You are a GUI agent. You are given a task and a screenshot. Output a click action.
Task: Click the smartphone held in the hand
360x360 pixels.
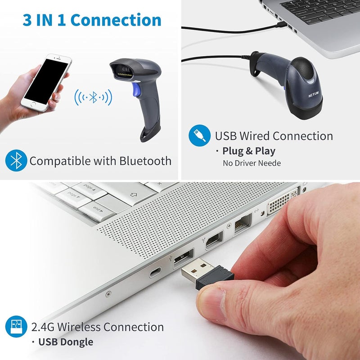coord(46,84)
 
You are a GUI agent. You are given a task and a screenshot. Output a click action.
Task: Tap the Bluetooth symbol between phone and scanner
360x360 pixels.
coord(93,97)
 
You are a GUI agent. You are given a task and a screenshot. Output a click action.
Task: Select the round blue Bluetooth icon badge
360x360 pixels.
coord(17,161)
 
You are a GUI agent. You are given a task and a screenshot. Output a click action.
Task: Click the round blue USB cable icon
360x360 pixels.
coord(200,135)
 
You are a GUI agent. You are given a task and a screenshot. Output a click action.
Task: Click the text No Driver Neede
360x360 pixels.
coord(252,163)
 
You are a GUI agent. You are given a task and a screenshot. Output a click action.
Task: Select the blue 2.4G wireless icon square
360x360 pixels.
coord(16,327)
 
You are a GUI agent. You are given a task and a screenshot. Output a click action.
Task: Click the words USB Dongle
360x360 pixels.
coord(66,342)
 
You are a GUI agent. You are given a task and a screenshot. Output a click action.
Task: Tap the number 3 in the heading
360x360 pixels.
coord(28,20)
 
